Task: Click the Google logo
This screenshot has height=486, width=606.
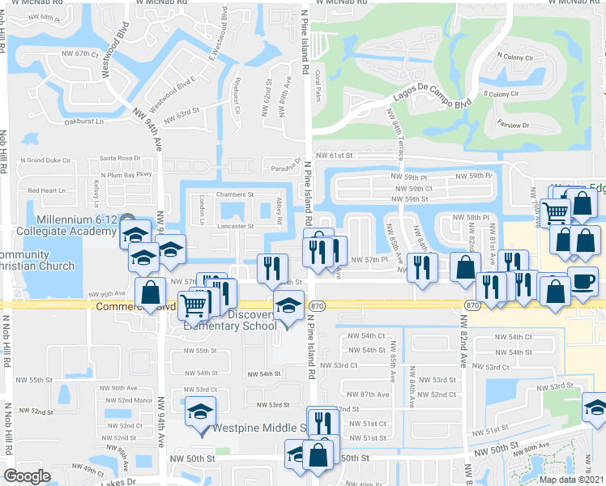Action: point(27,476)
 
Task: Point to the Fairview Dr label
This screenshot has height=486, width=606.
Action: point(512,126)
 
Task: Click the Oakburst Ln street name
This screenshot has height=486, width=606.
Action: point(85,122)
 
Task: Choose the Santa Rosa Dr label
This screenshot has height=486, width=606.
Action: point(119,159)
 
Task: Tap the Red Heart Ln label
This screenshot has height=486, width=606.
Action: point(46,190)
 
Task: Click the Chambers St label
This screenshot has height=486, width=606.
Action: point(235,194)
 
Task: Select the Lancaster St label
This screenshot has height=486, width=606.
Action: point(235,227)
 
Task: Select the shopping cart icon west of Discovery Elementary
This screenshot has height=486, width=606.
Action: point(193,305)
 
